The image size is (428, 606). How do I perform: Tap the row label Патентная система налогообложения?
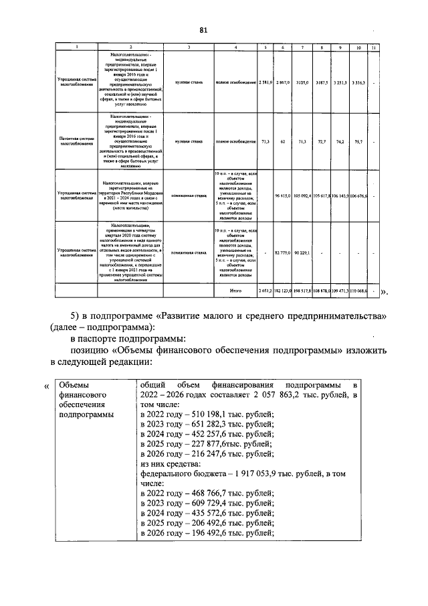pyautogui.click(x=72, y=142)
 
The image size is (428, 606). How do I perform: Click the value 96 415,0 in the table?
pyautogui.click(x=284, y=196)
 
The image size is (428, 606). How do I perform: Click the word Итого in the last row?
pyautogui.click(x=235, y=292)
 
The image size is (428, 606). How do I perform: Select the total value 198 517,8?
pyautogui.click(x=302, y=292)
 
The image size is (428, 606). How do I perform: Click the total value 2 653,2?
pyautogui.click(x=265, y=292)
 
